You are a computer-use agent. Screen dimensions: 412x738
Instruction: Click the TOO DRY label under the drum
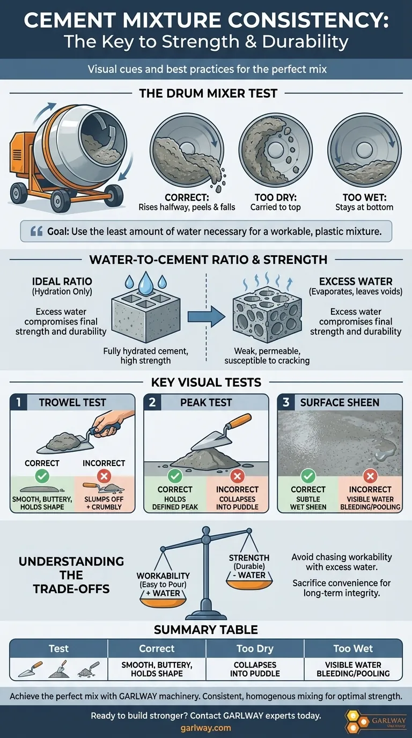coord(276,197)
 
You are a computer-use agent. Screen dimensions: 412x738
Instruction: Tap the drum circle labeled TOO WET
coord(364,150)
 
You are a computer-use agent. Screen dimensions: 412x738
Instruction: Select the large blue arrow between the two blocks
coord(207,316)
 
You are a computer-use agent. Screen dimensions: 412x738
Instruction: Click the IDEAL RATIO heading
coord(62,282)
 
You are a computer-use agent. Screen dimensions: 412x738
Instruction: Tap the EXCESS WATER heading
coord(356,282)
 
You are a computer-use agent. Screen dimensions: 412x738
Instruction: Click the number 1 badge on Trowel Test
coord(19,402)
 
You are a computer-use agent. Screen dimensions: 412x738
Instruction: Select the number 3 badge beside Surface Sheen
coord(286,402)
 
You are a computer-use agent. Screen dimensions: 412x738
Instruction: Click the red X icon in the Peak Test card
coord(237,476)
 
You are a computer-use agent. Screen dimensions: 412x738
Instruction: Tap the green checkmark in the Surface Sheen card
coord(308,476)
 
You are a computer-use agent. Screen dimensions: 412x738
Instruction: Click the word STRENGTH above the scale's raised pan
coord(249,558)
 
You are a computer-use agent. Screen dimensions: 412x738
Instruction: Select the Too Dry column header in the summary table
coord(255,648)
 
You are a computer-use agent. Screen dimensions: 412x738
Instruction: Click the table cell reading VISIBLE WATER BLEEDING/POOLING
coord(353,669)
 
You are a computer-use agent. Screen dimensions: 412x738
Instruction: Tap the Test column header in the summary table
coord(58,648)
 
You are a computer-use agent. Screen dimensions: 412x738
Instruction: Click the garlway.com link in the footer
coord(205,728)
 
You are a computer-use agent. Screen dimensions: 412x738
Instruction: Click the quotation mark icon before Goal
coord(36,231)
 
